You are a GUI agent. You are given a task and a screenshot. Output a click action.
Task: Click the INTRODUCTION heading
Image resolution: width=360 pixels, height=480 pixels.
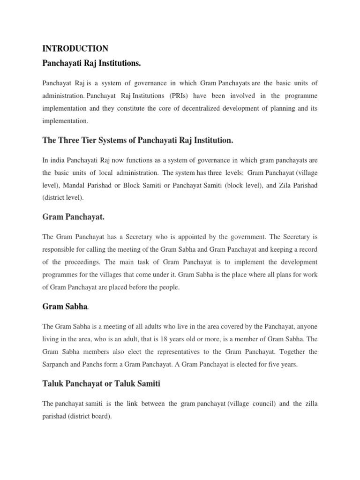point(75,48)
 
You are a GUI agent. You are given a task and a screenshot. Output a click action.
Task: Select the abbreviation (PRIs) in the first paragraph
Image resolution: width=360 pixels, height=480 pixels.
point(199,96)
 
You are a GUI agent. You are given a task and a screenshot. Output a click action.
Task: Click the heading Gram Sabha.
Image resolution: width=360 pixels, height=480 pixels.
point(65,307)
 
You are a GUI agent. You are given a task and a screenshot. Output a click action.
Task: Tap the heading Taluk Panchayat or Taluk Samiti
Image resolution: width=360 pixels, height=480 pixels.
point(101,384)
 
